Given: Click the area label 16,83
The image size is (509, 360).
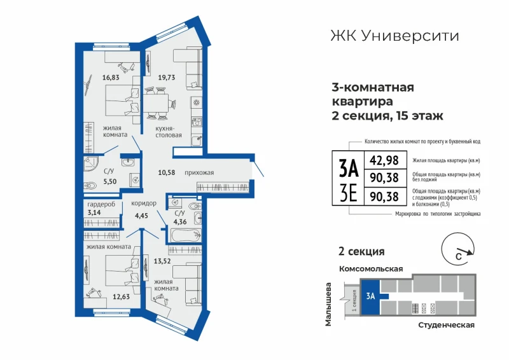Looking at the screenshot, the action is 111,78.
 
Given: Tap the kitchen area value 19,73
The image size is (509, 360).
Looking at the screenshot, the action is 167,78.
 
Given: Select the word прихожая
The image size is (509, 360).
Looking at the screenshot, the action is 199,173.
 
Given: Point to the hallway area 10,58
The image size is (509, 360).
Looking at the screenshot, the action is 167,173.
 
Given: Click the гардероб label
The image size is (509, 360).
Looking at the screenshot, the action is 101,205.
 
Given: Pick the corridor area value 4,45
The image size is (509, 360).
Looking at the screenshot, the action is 141,216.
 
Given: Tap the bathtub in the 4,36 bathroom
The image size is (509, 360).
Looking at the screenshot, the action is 186,235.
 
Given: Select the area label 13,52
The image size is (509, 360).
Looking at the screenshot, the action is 162,261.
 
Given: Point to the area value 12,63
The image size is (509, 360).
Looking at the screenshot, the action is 121,296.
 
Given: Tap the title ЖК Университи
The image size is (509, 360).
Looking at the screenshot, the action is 394,36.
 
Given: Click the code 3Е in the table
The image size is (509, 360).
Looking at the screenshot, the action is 349,195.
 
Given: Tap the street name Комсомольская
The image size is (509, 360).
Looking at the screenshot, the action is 371,269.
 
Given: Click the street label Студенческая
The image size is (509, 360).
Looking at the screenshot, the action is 447,325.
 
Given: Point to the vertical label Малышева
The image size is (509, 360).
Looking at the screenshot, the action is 328,304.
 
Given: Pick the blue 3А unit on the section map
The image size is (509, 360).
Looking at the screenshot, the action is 370,296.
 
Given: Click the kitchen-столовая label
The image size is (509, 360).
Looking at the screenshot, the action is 169,132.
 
